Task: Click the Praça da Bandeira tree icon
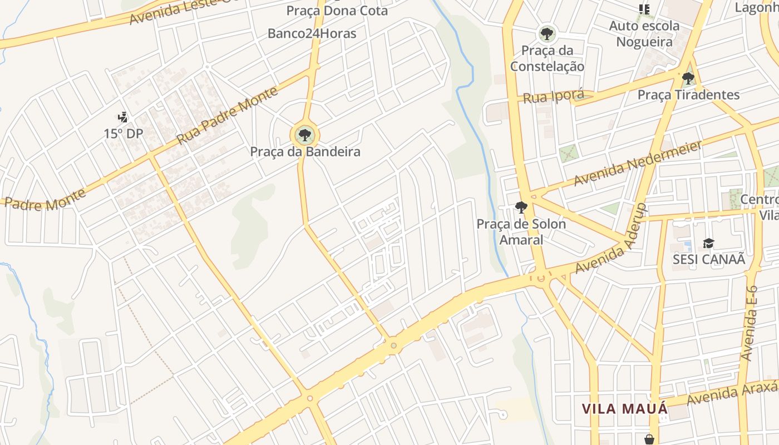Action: pyautogui.click(x=304, y=135)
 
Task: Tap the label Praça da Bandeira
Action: pyautogui.click(x=305, y=151)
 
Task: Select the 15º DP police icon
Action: pyautogui.click(x=123, y=117)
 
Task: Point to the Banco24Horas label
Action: pyautogui.click(x=312, y=33)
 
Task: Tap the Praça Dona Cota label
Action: pyautogui.click(x=337, y=11)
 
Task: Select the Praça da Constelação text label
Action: pyautogui.click(x=547, y=58)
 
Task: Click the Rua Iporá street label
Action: pyautogui.click(x=553, y=96)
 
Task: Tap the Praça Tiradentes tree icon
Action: pyautogui.click(x=688, y=78)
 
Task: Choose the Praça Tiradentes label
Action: pyautogui.click(x=688, y=95)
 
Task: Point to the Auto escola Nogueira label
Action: pyautogui.click(x=644, y=34)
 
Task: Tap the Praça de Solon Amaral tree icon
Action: pyautogui.click(x=521, y=208)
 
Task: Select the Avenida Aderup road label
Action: pyautogui.click(x=610, y=239)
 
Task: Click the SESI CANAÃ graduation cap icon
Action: pyautogui.click(x=708, y=244)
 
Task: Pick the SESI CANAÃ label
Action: pyautogui.click(x=708, y=259)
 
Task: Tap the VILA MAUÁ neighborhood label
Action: pyautogui.click(x=624, y=409)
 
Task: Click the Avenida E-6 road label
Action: pyautogui.click(x=751, y=323)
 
